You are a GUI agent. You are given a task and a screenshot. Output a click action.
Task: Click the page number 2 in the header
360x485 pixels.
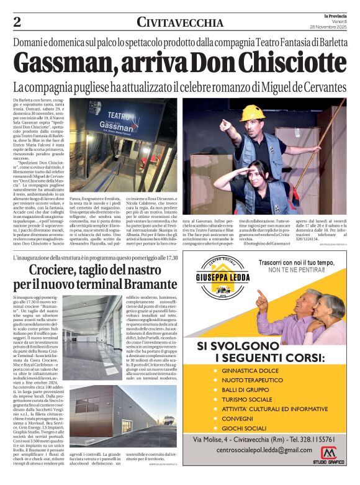tap(17, 22)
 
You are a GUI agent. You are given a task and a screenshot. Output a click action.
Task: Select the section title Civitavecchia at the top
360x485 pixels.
tap(180, 23)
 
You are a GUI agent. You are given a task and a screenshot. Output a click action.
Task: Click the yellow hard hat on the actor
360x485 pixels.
tap(253, 112)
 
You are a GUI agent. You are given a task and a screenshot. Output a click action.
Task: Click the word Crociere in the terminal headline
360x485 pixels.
tap(61, 270)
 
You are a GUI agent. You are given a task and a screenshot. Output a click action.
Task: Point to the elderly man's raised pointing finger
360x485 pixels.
tap(259, 294)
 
